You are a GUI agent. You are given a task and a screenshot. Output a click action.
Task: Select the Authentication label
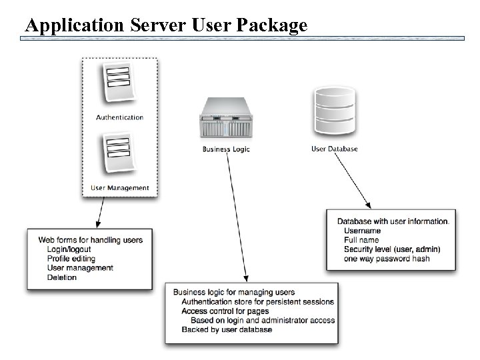(x=119, y=117)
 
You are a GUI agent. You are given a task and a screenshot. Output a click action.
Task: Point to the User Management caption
(x=119, y=188)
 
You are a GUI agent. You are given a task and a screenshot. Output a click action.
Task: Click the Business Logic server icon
(x=226, y=118)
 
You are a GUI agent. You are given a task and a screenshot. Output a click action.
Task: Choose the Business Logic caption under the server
(x=226, y=149)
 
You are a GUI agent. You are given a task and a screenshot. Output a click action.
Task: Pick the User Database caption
(x=335, y=149)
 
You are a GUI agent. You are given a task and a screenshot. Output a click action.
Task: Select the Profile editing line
(x=71, y=259)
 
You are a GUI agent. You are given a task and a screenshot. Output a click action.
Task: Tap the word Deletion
(x=62, y=277)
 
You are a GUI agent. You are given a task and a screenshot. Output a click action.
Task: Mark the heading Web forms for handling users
(x=90, y=240)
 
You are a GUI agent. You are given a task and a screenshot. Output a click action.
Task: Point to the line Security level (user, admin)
(x=391, y=249)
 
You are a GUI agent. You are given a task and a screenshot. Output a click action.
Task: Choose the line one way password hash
(x=387, y=259)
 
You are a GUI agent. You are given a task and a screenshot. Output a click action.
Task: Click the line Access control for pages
(x=225, y=311)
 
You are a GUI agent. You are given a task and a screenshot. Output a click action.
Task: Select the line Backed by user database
(x=227, y=330)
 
